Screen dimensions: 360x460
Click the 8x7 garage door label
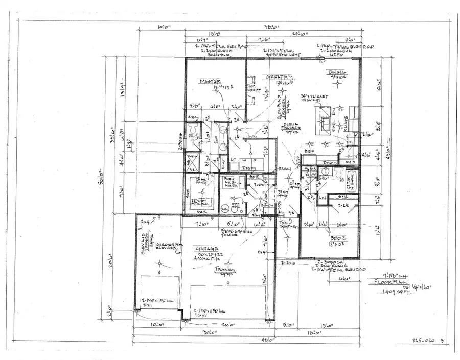coord(149,305)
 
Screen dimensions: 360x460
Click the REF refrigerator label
coord(309,152)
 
